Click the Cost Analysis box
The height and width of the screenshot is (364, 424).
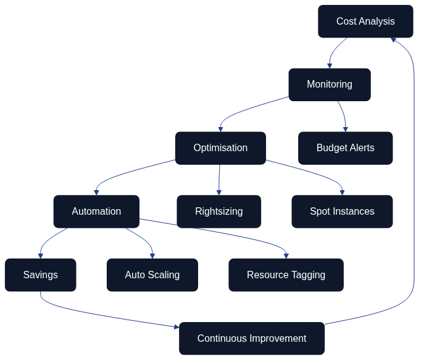365,22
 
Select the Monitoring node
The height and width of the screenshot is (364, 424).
329,85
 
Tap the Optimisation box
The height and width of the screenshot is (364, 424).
220,148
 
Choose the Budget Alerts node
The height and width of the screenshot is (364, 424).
345,148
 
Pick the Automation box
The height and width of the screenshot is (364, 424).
96,212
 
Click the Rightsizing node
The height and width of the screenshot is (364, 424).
218,212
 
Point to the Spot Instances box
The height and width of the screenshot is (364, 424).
342,212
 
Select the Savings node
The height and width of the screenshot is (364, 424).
40,275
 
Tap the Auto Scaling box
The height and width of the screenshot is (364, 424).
152,275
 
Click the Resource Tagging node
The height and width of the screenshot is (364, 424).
286,275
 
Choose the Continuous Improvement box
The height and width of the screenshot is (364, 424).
252,339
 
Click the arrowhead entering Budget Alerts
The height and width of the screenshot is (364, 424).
346,129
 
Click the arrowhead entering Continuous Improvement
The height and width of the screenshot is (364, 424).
176,326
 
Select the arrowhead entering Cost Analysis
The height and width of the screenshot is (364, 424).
393,40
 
